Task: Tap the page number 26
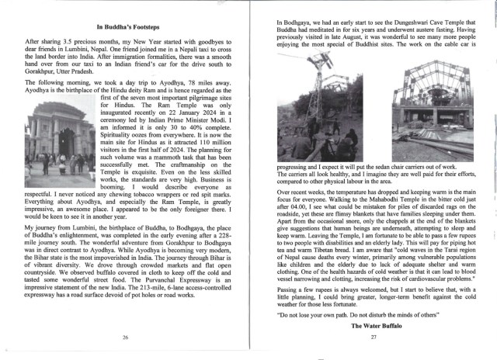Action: click(x=126, y=338)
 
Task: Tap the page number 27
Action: click(x=373, y=338)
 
